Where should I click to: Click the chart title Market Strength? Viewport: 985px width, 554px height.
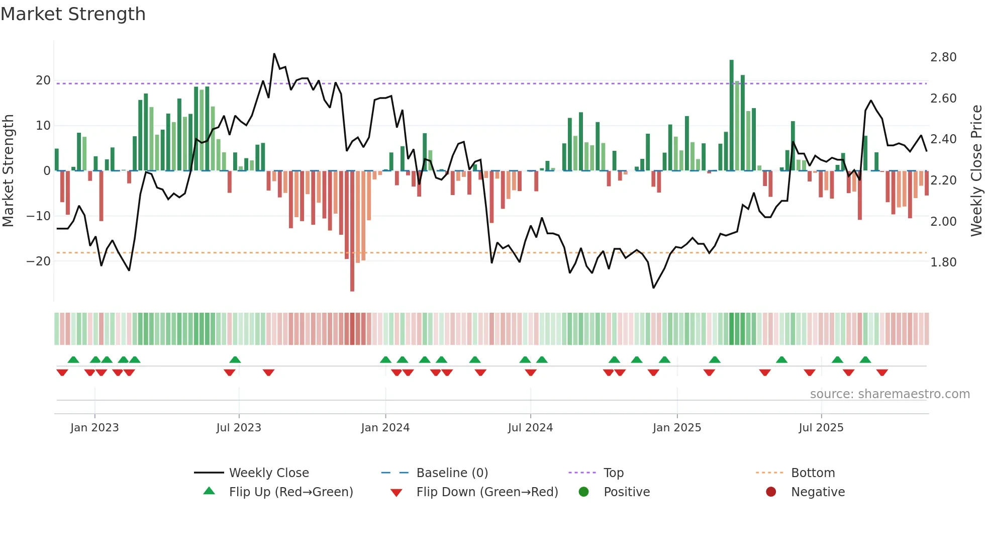(x=73, y=14)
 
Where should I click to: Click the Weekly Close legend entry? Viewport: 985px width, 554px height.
(x=268, y=473)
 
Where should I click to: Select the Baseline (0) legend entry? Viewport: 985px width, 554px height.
(x=452, y=473)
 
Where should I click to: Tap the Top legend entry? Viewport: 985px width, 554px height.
(x=613, y=473)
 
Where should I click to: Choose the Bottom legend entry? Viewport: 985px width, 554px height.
(x=813, y=473)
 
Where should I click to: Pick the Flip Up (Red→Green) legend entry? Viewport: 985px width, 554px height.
(x=290, y=492)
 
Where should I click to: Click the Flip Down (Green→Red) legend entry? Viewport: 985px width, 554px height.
(x=486, y=492)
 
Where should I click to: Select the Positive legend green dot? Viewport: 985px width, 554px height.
(x=583, y=492)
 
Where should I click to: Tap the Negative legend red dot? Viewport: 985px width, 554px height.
(x=771, y=492)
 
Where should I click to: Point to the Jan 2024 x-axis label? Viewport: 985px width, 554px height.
(x=385, y=428)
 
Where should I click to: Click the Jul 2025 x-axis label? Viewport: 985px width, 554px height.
(x=821, y=428)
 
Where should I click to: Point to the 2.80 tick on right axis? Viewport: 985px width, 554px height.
(x=943, y=57)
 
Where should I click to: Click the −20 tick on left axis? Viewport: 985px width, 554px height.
(x=39, y=261)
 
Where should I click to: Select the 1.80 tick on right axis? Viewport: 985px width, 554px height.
(x=943, y=262)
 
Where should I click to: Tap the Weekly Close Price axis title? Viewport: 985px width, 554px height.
(x=976, y=170)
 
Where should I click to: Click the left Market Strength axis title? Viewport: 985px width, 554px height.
(x=8, y=170)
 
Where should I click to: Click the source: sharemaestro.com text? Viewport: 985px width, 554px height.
(x=890, y=394)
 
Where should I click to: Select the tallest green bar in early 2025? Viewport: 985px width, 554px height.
(x=731, y=116)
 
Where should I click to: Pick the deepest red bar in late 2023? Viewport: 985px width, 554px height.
(x=352, y=231)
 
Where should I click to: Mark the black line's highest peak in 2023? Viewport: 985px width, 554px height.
(x=274, y=54)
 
